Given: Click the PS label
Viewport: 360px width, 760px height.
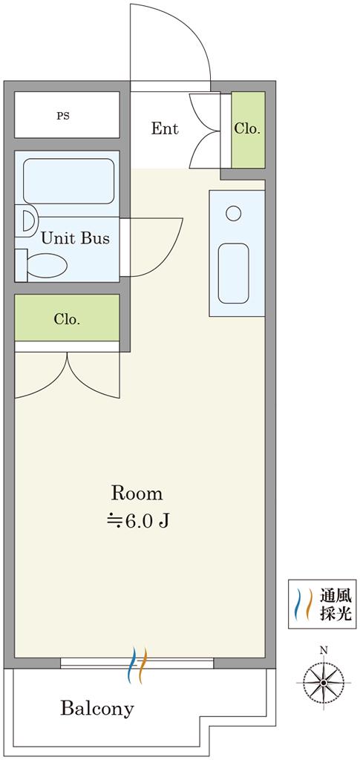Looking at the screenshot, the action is pyautogui.click(x=63, y=117).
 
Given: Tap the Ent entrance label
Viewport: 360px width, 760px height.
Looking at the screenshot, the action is pyautogui.click(x=165, y=129).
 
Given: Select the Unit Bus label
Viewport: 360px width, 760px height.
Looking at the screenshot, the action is pyautogui.click(x=75, y=238).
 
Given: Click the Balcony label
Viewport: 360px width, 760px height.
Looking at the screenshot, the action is pyautogui.click(x=97, y=709).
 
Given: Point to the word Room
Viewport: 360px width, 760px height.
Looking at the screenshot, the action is pyautogui.click(x=137, y=494).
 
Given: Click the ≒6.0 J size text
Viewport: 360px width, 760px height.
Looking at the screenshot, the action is pyautogui.click(x=137, y=521).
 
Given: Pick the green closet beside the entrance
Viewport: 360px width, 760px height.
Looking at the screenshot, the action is pyautogui.click(x=248, y=130).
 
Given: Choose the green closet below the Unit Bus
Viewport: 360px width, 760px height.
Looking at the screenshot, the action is pyautogui.click(x=67, y=318).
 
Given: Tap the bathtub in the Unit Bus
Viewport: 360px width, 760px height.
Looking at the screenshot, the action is pyautogui.click(x=68, y=181).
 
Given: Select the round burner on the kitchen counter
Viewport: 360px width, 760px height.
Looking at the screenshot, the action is pyautogui.click(x=234, y=213).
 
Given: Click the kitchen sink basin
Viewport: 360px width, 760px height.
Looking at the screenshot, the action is pyautogui.click(x=233, y=273).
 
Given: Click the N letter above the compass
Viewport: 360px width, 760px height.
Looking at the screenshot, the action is pyautogui.click(x=324, y=650).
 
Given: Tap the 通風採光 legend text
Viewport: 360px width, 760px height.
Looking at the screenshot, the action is pyautogui.click(x=334, y=604).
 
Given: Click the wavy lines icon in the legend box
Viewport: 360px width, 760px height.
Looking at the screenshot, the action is pyautogui.click(x=304, y=604).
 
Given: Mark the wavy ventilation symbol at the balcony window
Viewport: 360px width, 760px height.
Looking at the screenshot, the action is pyautogui.click(x=137, y=665).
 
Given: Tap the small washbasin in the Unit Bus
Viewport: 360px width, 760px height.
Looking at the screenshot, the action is pyautogui.click(x=27, y=220).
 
